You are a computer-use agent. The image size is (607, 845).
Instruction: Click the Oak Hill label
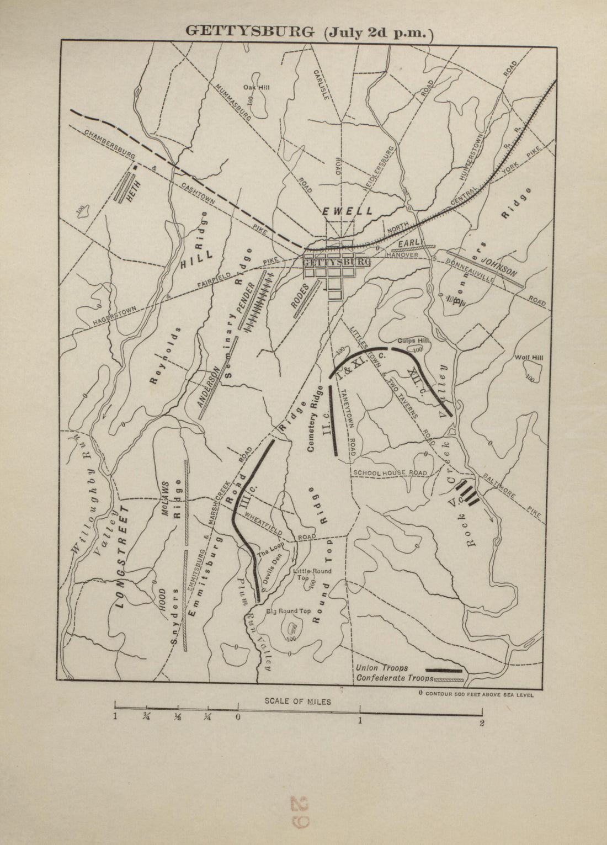(x=257, y=87)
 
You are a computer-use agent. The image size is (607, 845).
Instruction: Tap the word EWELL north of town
(x=347, y=211)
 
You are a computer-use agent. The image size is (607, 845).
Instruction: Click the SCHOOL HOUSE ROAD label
(x=390, y=473)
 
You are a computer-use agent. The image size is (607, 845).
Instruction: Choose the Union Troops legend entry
(x=382, y=668)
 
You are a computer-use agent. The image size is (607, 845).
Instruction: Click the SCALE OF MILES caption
(x=298, y=701)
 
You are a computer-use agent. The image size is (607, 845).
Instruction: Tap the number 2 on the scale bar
(x=482, y=723)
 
